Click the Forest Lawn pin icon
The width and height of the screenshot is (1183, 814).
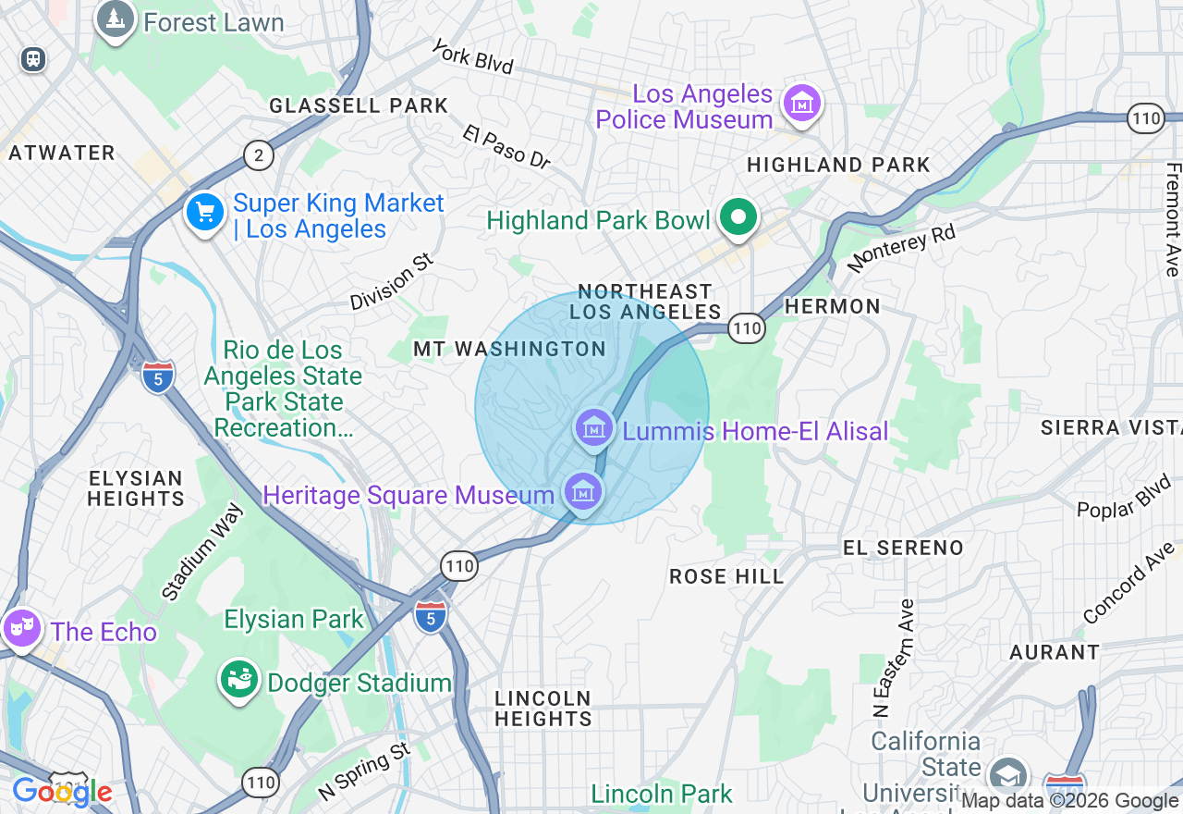click(x=116, y=19)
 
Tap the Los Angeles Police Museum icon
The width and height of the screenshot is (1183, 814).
click(x=801, y=104)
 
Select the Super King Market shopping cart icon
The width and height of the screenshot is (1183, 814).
click(x=205, y=212)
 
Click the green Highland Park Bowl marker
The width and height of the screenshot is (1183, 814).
click(x=738, y=219)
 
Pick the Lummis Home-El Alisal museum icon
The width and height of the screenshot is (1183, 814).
click(x=594, y=428)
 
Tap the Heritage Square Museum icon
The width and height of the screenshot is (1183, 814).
click(x=582, y=492)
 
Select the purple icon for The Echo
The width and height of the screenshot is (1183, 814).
click(x=21, y=629)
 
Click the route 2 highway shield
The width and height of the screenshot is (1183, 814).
click(x=259, y=155)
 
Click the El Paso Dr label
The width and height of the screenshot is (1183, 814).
click(x=506, y=147)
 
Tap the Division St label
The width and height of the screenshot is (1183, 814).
click(x=391, y=283)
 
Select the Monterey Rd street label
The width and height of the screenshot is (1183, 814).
click(x=900, y=248)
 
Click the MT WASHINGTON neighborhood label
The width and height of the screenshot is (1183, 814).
click(x=509, y=349)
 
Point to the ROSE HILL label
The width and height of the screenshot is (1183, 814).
click(x=726, y=576)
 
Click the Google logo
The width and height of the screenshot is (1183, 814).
click(x=61, y=792)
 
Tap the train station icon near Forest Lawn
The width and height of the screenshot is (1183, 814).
click(x=33, y=59)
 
